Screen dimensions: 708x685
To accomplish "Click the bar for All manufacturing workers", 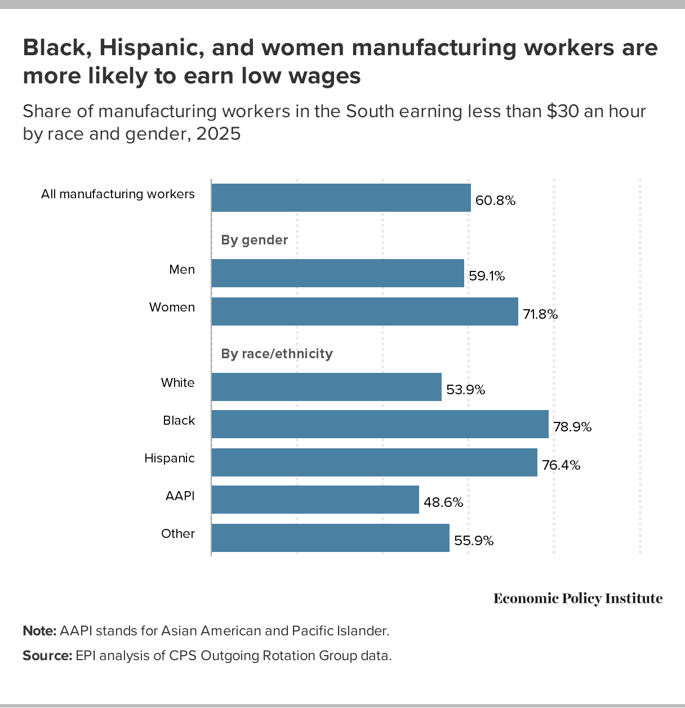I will click(x=341, y=198).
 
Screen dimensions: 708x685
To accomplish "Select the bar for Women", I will click(x=364, y=311).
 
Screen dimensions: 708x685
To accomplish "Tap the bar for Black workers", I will click(x=380, y=424).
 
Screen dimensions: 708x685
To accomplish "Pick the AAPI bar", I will click(x=315, y=500).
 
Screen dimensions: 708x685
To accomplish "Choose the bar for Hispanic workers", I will click(x=374, y=462).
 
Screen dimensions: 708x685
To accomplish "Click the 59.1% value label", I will click(x=487, y=276).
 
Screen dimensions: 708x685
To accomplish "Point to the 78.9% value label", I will click(x=572, y=427).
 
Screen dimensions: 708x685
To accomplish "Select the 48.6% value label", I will click(x=443, y=502).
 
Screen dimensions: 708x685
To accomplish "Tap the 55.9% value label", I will click(x=474, y=541).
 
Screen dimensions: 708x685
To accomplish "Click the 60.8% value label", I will click(x=496, y=201).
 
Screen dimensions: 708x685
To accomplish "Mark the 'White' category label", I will click(x=177, y=383).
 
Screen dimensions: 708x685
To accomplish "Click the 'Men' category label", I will click(x=182, y=270).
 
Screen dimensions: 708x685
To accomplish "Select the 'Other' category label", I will click(x=178, y=534).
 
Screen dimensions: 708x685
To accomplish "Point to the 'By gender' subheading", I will click(x=255, y=240).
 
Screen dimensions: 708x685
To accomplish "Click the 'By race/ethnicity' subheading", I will click(x=277, y=354).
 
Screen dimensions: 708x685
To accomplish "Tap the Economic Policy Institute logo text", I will click(x=578, y=598).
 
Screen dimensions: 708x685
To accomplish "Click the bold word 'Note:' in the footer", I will click(x=39, y=631).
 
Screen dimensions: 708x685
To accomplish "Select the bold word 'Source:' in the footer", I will click(x=47, y=656).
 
